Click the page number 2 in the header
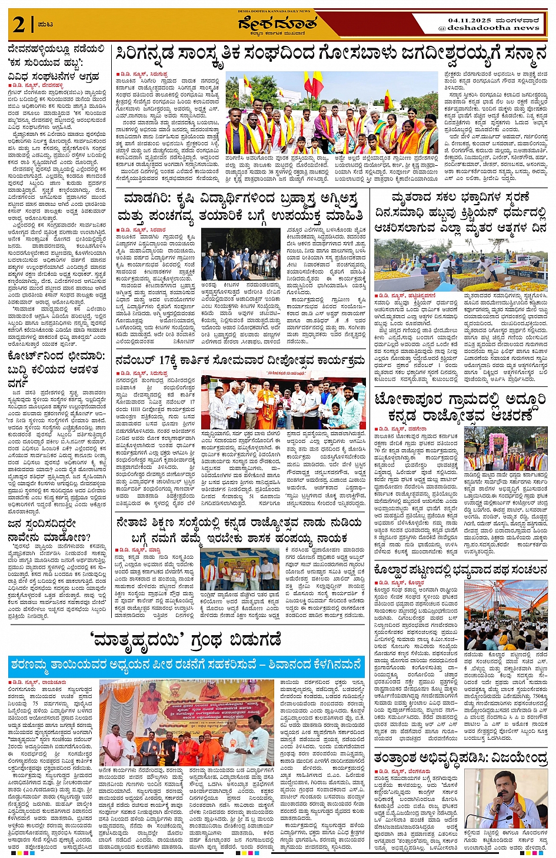[x=18, y=25]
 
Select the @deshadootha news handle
[x=488, y=28]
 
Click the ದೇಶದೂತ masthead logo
[x=278, y=25]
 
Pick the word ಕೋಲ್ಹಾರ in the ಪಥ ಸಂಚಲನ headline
[x=392, y=569]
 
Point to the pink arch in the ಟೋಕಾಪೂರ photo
[x=498, y=442]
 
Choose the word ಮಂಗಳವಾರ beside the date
[x=521, y=20]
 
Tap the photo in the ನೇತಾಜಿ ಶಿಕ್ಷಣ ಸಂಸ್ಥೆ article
[x=239, y=569]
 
